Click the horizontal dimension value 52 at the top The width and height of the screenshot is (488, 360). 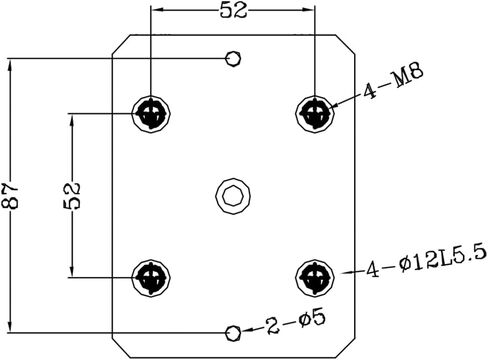click(234, 11)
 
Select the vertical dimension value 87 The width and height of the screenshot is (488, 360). click(10, 196)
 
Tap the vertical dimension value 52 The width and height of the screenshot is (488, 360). click(72, 196)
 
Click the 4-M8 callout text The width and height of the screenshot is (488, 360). click(393, 81)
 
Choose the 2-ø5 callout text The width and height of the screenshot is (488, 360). click(295, 321)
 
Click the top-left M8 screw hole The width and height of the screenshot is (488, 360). click(151, 114)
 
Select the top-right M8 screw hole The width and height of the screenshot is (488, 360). click(315, 114)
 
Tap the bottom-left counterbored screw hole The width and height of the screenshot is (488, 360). click(151, 277)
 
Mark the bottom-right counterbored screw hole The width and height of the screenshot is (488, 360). click(315, 277)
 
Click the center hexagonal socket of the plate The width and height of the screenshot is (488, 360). click(233, 196)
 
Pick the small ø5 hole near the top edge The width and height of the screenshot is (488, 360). click(233, 59)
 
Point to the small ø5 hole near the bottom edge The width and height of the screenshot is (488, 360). click(233, 333)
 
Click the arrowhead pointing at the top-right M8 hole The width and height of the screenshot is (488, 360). click(334, 106)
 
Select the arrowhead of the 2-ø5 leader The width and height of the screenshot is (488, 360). click(246, 330)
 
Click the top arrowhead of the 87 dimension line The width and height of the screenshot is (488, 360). click(10, 65)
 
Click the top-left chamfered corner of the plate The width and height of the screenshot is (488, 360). click(121, 44)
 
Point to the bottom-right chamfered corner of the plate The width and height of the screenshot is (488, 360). click(345, 349)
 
